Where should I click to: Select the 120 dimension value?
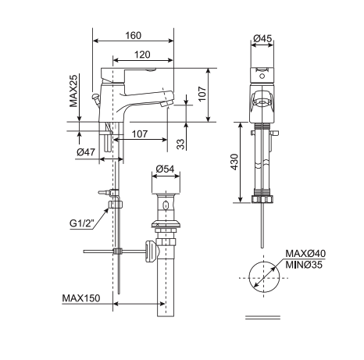pos(141,55)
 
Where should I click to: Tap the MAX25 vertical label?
pos(73,91)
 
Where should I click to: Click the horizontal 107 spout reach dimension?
pos(141,134)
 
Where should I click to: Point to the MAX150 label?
pos(82,298)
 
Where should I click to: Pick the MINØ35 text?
pos(305,264)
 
